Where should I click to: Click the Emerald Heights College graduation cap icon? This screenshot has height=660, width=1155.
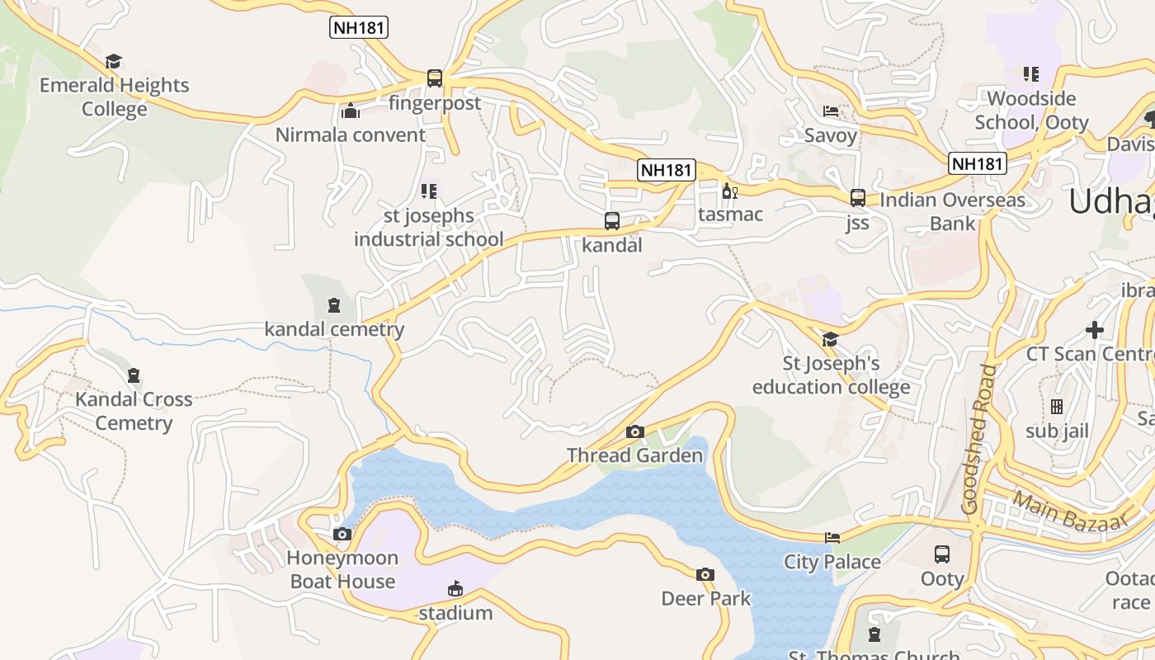click(113, 62)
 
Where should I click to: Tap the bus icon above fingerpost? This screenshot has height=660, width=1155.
click(435, 78)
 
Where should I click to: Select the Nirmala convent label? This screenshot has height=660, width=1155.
click(351, 134)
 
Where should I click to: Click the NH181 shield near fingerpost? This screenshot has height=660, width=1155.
click(359, 27)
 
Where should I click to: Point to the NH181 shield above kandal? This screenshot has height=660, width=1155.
click(667, 170)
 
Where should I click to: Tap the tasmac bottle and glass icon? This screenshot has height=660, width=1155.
click(729, 191)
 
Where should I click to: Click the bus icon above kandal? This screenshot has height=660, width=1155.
click(611, 221)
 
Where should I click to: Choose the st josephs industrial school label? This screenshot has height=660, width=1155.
click(428, 228)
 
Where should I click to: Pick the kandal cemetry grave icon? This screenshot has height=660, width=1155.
click(334, 306)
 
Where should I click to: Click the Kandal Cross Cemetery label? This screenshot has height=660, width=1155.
click(134, 411)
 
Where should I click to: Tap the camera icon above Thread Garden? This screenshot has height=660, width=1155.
click(634, 431)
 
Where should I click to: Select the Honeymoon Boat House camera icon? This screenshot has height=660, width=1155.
click(342, 535)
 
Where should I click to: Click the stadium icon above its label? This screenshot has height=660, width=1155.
click(455, 589)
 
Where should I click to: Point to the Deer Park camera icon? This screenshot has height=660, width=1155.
click(705, 575)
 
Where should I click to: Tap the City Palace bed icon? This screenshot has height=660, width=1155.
click(832, 538)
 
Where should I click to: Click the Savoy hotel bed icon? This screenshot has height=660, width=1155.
click(831, 111)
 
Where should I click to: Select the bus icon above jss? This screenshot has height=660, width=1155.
click(858, 198)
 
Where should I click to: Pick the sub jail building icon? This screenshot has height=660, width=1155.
click(1057, 407)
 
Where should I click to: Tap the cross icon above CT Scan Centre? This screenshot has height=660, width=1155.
click(1095, 330)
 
